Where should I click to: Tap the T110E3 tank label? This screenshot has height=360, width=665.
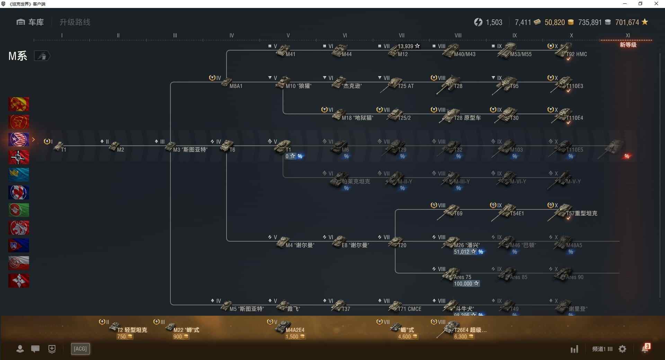[575, 86]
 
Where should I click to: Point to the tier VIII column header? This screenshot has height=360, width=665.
[458, 35]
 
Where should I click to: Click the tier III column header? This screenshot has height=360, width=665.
[175, 35]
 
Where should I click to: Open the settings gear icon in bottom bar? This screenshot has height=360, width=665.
[622, 349]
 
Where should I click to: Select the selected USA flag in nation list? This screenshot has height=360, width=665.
[19, 139]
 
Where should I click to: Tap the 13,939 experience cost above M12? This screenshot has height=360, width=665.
[408, 46]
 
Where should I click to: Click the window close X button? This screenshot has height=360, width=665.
[656, 4]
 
